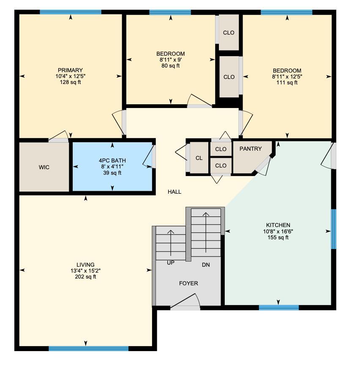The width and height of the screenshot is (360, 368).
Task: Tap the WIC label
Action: coord(44,168)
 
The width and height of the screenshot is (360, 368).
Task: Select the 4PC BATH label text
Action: coord(112,161)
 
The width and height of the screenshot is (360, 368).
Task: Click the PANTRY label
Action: coord(250,149)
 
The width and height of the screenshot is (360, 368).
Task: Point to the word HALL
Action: coord(174,192)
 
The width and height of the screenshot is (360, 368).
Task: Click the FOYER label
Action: coord(188,284)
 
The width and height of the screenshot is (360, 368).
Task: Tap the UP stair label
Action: coord(170,262)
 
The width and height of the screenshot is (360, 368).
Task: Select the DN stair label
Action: coord(205,265)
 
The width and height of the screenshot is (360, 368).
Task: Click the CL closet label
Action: coord(199,158)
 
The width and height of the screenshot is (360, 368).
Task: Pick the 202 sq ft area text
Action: coord(86,277)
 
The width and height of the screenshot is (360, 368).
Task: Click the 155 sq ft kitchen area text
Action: coord(278,238)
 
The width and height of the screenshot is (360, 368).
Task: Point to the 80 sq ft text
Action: coord(170,66)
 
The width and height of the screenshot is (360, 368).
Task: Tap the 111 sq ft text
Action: coord(287,83)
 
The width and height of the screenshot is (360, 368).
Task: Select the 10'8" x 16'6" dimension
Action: coord(278,231)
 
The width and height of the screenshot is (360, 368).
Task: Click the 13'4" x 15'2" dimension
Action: coord(86,271)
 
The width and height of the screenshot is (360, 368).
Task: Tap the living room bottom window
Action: coord(88,349)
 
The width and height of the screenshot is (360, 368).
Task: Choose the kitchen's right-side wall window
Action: coord(333,229)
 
